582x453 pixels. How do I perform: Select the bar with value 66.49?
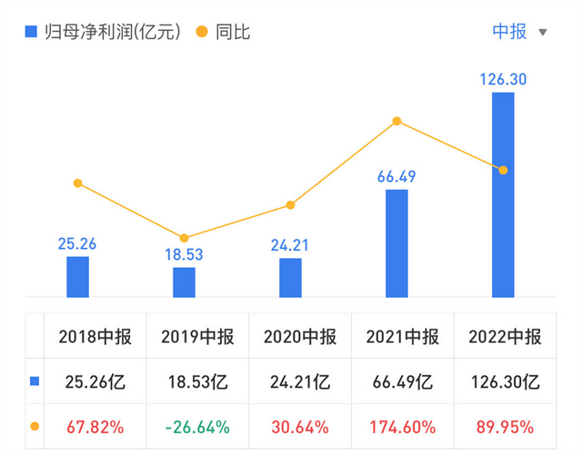(396, 242)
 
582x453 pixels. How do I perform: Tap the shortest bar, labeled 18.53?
(184, 282)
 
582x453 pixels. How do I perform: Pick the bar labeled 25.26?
(77, 277)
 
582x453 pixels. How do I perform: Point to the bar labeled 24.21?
(290, 278)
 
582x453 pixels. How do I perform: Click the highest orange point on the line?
(396, 121)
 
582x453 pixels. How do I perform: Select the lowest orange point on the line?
(184, 238)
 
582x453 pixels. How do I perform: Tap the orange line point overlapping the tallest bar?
(503, 170)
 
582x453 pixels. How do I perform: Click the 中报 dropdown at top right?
(519, 32)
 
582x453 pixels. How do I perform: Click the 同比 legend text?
(233, 32)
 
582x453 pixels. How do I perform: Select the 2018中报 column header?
(95, 338)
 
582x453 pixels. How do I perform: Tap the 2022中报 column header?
(505, 338)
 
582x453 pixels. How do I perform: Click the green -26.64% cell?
(196, 426)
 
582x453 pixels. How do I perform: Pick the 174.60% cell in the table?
(402, 426)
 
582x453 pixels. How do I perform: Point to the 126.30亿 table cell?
(505, 381)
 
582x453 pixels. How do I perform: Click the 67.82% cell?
(95, 426)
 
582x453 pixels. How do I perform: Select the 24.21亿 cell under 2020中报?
(299, 381)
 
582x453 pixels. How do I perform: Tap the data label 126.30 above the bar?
(503, 80)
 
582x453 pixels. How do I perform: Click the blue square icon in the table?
(35, 381)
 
